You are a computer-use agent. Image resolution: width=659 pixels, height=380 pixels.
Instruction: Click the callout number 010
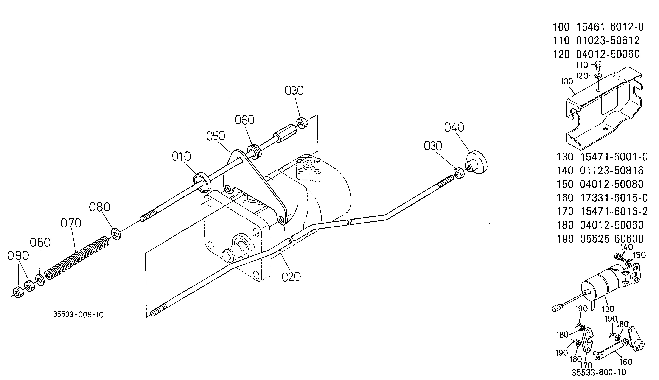181,157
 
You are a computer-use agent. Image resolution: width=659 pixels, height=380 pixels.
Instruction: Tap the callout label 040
454,127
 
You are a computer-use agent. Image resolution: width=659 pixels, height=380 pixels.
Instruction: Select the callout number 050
216,136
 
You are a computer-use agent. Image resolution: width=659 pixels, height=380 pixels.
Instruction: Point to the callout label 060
244,120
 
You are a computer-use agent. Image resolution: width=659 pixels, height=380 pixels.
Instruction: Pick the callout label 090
18,256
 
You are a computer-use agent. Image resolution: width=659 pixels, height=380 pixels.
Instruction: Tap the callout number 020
291,277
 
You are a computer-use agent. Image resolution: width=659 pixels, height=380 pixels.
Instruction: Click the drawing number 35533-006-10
78,315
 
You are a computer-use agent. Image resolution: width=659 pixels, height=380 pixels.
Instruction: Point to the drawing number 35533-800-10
598,372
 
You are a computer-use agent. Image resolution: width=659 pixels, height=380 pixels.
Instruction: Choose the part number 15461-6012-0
610,27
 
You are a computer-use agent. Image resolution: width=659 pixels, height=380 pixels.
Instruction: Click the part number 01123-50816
612,171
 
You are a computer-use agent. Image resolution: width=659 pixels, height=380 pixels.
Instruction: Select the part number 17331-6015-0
614,198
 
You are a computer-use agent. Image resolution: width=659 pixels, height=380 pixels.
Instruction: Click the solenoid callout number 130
608,309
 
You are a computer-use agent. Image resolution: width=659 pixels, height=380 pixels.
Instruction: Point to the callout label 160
626,362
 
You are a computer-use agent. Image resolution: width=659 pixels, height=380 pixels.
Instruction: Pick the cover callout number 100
567,82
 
